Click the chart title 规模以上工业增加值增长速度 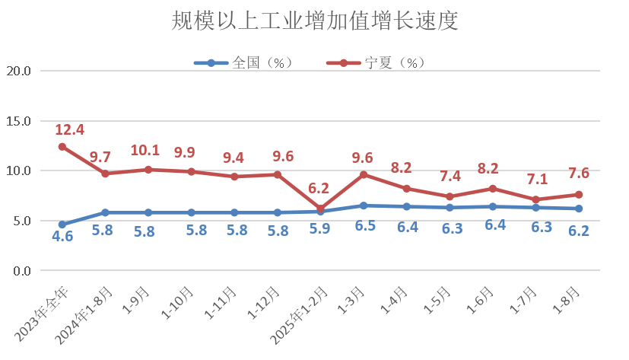[315, 21]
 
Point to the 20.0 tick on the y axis [18, 72]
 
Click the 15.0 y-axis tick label [18, 121]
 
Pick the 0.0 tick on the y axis [21, 271]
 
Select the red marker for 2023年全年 [62, 147]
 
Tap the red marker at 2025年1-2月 [320, 209]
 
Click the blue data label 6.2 [579, 231]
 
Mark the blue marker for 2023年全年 [62, 225]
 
